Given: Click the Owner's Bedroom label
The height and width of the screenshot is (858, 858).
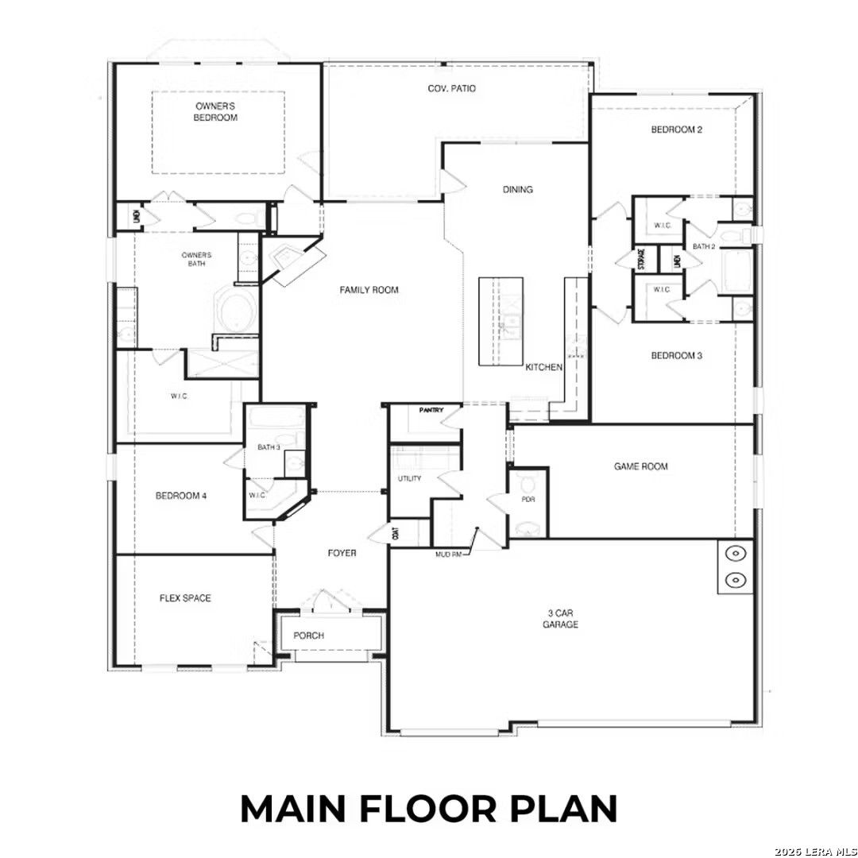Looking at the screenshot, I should [216, 111].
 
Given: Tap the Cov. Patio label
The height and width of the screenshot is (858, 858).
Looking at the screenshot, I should [451, 89].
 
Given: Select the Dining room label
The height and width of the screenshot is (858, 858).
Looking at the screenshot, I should [518, 190].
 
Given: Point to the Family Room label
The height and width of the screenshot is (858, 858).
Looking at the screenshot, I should [369, 291].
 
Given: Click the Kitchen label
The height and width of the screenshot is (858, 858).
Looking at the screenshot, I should [544, 368].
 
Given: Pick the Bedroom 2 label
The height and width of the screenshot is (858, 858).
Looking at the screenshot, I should [676, 129].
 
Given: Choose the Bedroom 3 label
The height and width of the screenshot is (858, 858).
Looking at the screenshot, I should [676, 356].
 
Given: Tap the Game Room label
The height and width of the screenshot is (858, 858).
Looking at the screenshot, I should [640, 467].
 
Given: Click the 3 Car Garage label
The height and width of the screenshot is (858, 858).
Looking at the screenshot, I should [560, 619].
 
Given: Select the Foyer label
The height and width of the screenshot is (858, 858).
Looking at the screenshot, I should [342, 553].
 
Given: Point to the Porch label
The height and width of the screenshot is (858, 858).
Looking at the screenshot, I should [308, 636].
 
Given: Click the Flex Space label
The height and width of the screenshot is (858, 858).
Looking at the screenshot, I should [184, 598].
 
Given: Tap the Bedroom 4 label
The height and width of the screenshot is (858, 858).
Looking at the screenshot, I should [181, 496].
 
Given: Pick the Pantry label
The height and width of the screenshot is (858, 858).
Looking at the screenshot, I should [431, 412].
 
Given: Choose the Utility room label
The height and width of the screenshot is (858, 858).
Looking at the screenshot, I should [410, 479].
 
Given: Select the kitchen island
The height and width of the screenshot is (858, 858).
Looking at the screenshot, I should [500, 321].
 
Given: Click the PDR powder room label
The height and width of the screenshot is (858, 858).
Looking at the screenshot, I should [528, 500].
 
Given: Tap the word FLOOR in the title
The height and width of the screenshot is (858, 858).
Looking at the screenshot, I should [429, 808].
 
